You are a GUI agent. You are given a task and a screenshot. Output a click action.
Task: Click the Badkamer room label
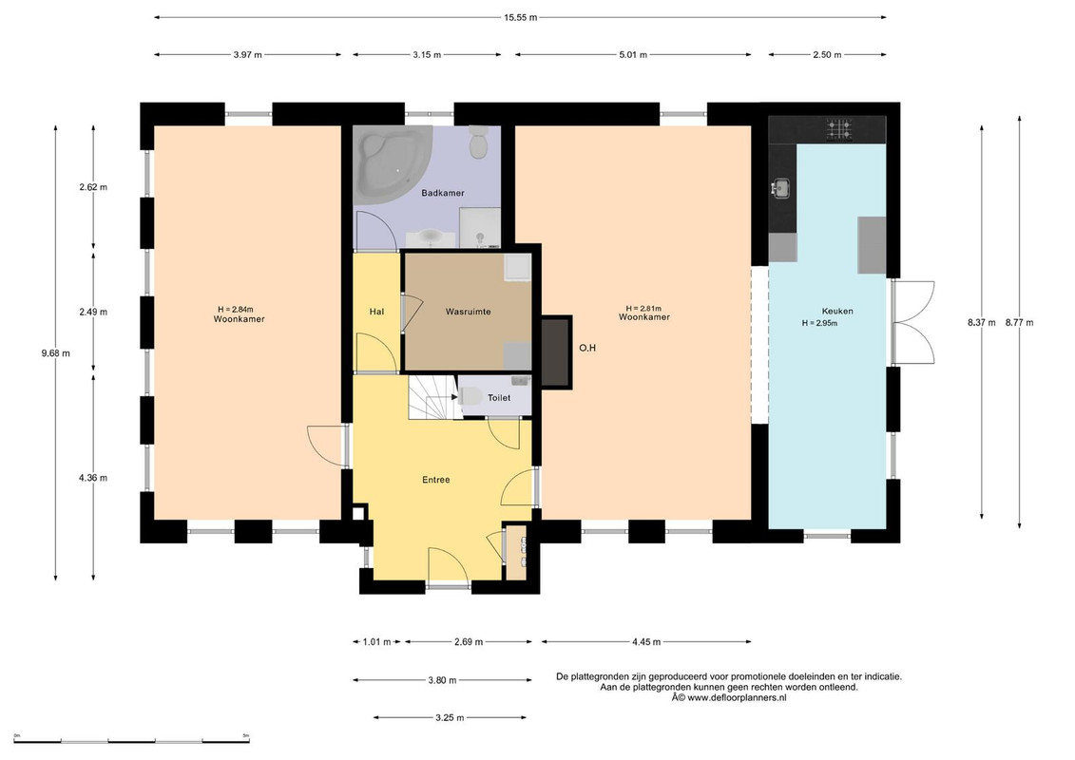point(442,193)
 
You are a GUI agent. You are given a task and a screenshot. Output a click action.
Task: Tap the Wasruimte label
point(468,312)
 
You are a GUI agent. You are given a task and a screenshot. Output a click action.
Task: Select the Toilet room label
point(498,398)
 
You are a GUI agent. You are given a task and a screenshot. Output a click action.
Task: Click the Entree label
point(436,480)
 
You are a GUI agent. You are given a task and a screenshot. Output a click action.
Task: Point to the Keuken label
point(837,312)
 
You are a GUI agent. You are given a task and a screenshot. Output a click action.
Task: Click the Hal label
point(376,312)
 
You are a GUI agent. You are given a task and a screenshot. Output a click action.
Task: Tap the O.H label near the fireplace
point(587,348)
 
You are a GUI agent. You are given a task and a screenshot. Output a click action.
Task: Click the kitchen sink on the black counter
point(780,187)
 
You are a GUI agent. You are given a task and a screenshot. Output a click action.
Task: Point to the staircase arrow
point(453,395)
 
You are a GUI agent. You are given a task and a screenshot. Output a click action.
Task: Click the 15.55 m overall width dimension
point(520,18)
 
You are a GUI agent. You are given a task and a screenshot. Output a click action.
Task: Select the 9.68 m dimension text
point(55,353)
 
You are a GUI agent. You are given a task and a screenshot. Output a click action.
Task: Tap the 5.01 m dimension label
point(633,55)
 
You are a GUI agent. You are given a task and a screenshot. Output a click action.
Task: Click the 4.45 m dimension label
point(645,642)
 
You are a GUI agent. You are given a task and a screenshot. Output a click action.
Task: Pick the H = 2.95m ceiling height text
point(819,323)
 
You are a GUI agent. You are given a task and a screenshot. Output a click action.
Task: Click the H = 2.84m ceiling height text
point(235,310)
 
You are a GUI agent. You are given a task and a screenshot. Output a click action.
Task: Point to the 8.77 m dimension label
point(1020,323)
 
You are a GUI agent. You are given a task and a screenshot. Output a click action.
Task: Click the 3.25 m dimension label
point(450,718)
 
